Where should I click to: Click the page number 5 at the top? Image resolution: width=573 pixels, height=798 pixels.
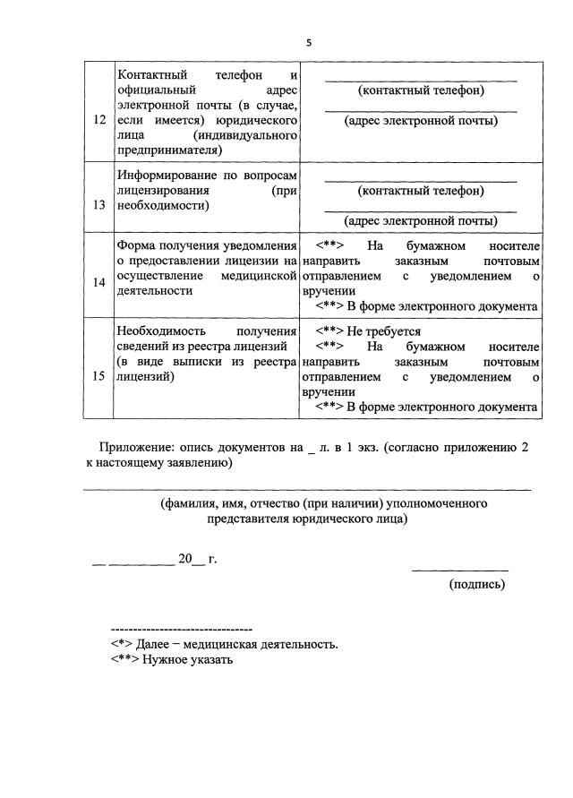[x=308, y=42]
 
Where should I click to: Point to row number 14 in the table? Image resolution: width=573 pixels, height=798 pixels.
[x=98, y=283]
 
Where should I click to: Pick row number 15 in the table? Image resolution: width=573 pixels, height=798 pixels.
[x=98, y=376]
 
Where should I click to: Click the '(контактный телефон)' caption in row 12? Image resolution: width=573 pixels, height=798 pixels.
[x=420, y=90]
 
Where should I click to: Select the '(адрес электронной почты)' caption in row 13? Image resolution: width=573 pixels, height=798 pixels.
[x=420, y=220]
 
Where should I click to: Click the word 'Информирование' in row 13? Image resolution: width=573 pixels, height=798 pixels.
[x=163, y=176]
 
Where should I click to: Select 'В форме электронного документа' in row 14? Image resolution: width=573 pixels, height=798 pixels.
[x=442, y=306]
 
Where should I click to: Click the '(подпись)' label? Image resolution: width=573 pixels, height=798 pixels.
[x=476, y=584]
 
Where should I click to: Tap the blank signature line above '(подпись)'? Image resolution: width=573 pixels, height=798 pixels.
[x=459, y=570]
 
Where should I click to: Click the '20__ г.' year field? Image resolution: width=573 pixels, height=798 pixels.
[x=197, y=560]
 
